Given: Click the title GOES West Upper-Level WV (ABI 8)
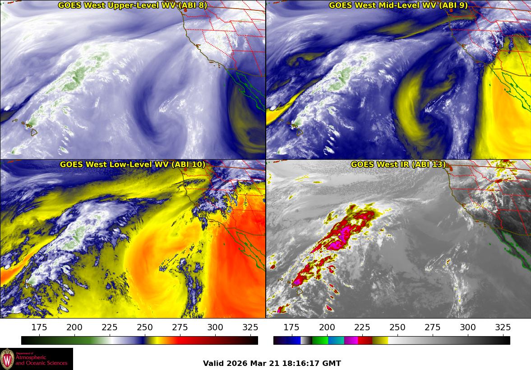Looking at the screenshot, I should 133,5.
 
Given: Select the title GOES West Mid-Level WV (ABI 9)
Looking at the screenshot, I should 398,5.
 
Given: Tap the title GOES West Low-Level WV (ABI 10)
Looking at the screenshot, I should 133,165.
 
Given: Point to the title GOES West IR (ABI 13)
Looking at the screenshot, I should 398,165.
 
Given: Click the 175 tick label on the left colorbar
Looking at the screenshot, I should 39,327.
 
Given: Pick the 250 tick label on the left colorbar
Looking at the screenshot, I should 145,327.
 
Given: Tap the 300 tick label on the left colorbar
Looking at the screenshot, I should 215,327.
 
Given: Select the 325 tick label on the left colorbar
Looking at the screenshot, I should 250,327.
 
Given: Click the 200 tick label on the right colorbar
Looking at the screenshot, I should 327,327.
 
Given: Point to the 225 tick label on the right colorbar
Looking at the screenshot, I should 362,327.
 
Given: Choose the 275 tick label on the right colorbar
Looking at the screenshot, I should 432,327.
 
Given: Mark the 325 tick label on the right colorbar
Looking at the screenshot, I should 503,327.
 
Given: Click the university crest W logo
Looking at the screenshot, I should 7,359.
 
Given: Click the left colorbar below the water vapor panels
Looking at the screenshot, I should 139,340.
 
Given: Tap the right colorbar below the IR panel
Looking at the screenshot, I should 392,340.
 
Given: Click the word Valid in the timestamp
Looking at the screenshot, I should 212,363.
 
